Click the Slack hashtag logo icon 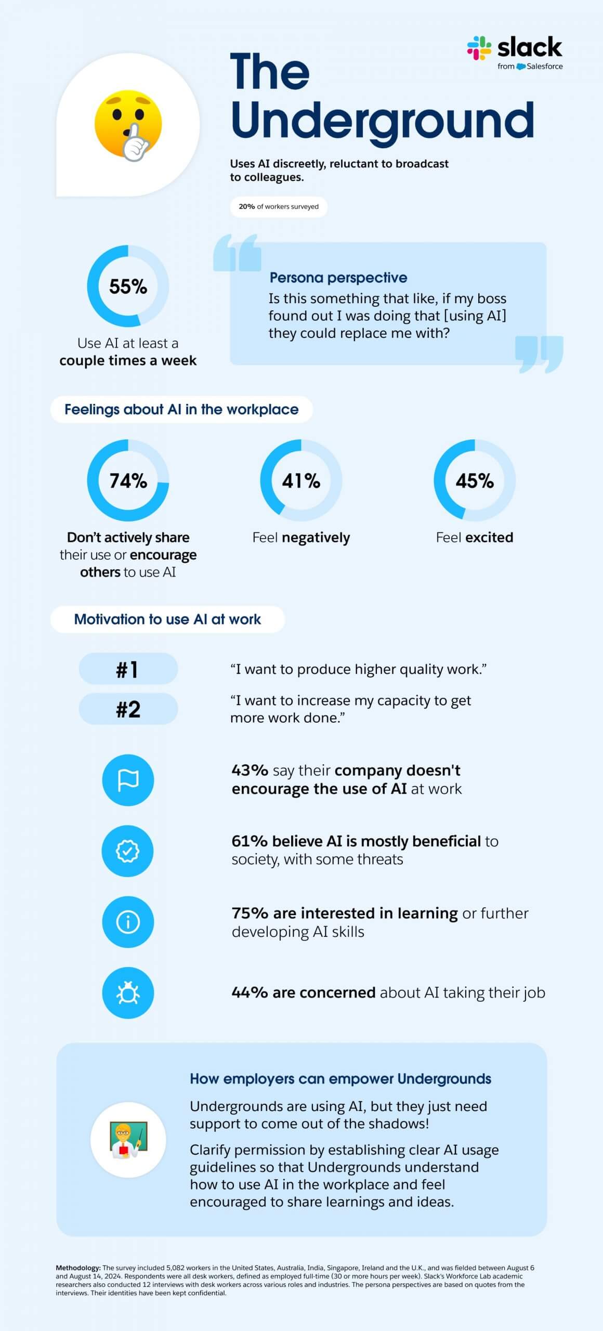[479, 48]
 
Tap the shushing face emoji [128, 125]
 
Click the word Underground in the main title [382, 122]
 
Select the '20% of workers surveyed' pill [279, 206]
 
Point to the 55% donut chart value [128, 286]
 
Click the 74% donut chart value [128, 481]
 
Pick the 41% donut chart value [301, 481]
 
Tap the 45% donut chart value [475, 481]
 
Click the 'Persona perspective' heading [338, 278]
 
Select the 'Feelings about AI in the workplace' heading [181, 410]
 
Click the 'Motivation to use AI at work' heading [167, 619]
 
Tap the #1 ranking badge [128, 669]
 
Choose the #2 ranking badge [128, 709]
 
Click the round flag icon [128, 780]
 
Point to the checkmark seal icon [128, 851]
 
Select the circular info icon [128, 922]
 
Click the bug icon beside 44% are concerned [128, 993]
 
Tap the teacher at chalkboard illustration [128, 1140]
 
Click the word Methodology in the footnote [78, 1268]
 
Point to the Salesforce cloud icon [521, 67]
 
